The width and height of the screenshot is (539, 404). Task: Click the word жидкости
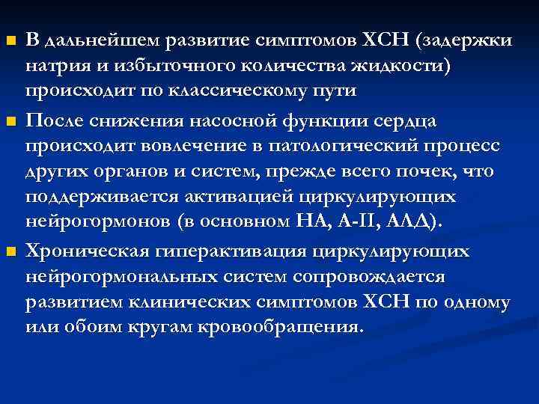(398, 65)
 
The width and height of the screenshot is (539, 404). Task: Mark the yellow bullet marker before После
(10, 120)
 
